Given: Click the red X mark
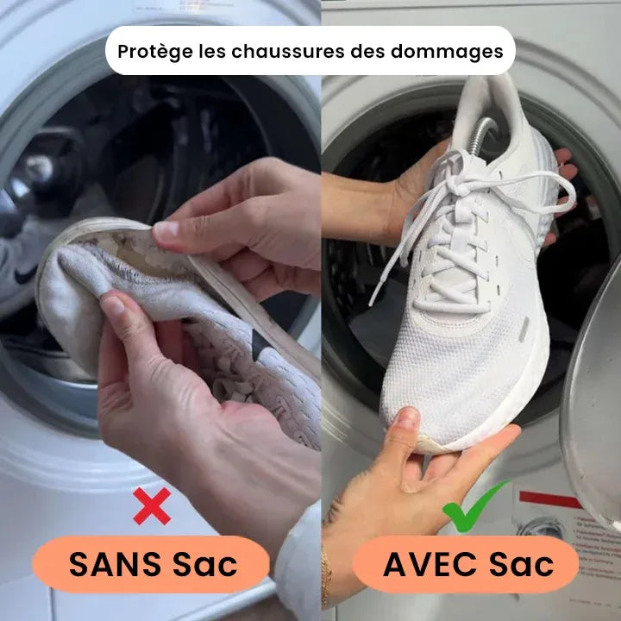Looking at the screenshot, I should pyautogui.click(x=151, y=506).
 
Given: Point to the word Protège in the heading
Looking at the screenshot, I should pyautogui.click(x=154, y=51).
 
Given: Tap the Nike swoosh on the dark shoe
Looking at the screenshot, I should pyautogui.click(x=23, y=274).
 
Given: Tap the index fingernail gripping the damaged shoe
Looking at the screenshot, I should pyautogui.click(x=166, y=230).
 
